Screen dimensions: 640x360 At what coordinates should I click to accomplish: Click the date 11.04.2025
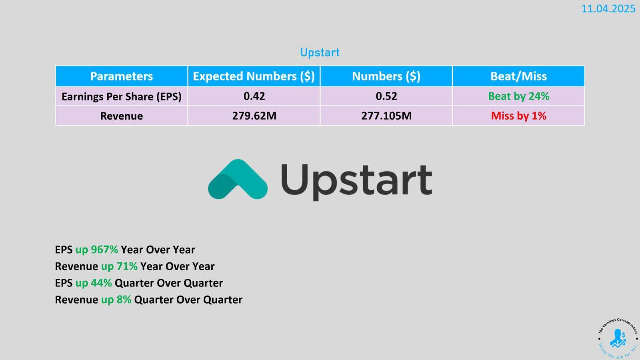pos(608,8)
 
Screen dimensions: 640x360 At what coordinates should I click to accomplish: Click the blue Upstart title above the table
pos(320,52)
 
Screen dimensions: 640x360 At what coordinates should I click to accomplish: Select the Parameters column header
pos(122,76)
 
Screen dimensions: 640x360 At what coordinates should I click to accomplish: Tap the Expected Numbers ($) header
pos(254,76)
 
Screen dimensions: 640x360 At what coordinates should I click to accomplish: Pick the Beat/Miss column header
pos(518,76)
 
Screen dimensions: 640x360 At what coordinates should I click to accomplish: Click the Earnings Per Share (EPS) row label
pos(122,96)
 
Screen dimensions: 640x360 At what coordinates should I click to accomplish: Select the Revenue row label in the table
pos(122,116)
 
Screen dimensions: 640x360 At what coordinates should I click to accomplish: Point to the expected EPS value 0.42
pos(254,96)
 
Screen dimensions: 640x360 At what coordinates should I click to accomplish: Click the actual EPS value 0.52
pos(386,96)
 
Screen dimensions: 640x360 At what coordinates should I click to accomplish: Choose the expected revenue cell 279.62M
pos(254,116)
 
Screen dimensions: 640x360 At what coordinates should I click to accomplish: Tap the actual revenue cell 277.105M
pos(386,116)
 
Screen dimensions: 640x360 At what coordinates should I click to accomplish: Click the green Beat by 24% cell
pos(518,96)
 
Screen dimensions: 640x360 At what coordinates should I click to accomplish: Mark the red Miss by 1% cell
pos(518,116)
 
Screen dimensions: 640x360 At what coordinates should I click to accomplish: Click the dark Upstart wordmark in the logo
pos(356,182)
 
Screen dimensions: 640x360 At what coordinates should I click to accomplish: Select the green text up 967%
pos(96,250)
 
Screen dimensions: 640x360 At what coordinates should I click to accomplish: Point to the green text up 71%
pos(119,266)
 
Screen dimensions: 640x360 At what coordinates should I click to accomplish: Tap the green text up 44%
pos(94,283)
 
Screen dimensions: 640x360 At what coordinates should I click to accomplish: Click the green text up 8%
pos(116,300)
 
